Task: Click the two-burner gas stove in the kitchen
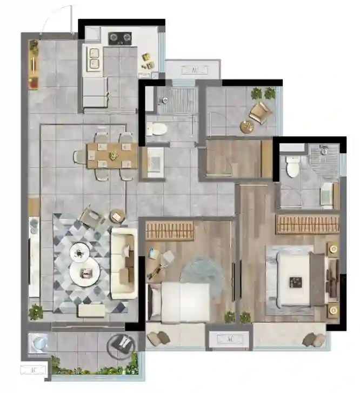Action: [x=120, y=38]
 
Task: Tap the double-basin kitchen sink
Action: [x=94, y=59]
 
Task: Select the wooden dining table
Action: [x=112, y=155]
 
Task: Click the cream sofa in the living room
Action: [x=124, y=263]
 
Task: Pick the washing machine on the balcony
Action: [x=38, y=343]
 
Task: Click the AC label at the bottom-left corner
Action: [x=34, y=370]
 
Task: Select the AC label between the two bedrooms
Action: [x=230, y=339]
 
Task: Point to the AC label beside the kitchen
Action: [x=195, y=70]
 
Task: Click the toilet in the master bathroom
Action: [x=292, y=166]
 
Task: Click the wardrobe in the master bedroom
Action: [x=308, y=224]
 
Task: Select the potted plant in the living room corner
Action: [x=36, y=312]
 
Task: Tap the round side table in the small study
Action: [x=248, y=126]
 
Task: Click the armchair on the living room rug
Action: [x=92, y=216]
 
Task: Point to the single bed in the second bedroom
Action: [x=178, y=303]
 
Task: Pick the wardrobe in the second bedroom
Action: [x=170, y=230]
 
